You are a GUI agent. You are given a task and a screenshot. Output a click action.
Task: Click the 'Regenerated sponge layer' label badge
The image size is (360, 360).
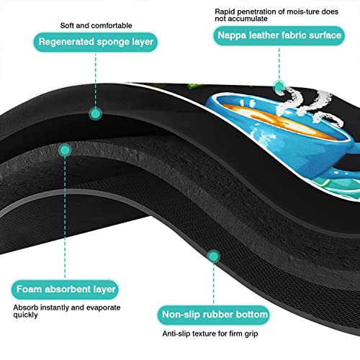(x=96, y=42)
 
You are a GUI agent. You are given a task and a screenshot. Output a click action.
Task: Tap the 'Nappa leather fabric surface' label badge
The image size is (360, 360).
(x=279, y=35)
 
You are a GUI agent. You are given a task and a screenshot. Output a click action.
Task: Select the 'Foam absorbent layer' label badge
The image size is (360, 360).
(x=66, y=289)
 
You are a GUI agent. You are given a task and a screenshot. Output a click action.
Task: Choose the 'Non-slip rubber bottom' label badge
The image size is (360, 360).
(x=214, y=315)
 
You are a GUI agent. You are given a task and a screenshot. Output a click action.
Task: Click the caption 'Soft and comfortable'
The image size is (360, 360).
(x=96, y=25)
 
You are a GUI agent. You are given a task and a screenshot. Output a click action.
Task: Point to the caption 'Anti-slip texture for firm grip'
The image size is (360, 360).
(x=210, y=333)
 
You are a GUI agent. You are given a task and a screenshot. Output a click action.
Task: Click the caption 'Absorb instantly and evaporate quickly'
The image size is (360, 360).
(x=67, y=311)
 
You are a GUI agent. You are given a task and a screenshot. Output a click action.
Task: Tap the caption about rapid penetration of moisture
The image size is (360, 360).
(x=276, y=15)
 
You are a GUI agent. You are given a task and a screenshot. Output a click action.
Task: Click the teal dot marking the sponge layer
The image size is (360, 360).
(x=96, y=114)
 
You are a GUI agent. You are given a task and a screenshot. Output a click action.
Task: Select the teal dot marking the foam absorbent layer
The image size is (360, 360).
(x=65, y=150)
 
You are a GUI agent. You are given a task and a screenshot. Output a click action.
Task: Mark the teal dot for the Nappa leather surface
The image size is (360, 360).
(x=279, y=86)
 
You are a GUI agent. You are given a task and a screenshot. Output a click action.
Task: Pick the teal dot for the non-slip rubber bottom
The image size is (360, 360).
(x=213, y=256)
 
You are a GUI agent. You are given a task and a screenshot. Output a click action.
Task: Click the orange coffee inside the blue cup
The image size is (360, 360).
(x=276, y=121)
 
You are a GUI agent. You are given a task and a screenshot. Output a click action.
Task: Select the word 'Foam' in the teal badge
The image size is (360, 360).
(x=29, y=289)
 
